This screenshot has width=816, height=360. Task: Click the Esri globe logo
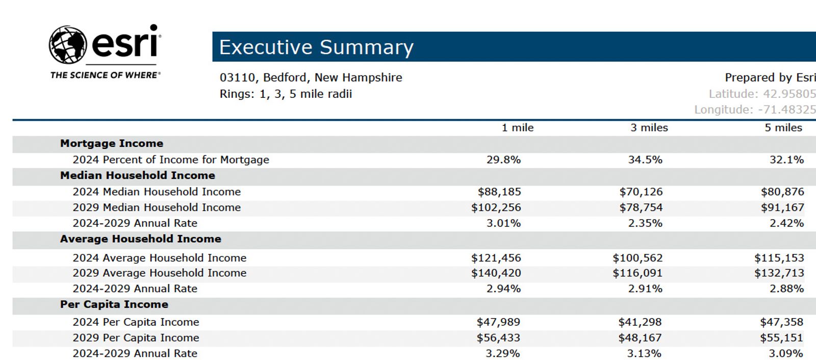tap(68, 45)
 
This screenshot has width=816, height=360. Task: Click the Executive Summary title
tap(316, 47)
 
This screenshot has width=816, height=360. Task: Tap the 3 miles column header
tap(649, 127)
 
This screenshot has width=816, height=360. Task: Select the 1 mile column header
tap(517, 127)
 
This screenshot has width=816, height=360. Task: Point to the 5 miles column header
tap(783, 127)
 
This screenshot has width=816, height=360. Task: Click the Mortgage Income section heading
tap(112, 144)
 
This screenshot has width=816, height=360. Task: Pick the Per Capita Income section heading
tap(114, 304)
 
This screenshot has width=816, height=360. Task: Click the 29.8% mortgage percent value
tap(503, 160)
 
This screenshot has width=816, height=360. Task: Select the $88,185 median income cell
tap(499, 192)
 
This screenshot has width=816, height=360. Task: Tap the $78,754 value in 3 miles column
tap(641, 208)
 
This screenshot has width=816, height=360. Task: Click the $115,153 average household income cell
tap(779, 258)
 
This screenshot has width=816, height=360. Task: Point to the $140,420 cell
tap(496, 273)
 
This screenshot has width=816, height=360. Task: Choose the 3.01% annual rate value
tap(503, 223)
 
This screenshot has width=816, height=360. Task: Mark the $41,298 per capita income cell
tap(640, 322)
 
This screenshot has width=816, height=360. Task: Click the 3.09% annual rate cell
tap(786, 353)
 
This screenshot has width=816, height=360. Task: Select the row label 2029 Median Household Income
tap(157, 208)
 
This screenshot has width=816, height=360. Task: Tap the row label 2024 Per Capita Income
tap(136, 322)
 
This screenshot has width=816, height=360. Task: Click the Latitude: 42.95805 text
tap(762, 94)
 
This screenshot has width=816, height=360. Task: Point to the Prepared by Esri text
tap(770, 78)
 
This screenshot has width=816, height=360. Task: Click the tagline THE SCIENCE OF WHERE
tap(105, 75)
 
